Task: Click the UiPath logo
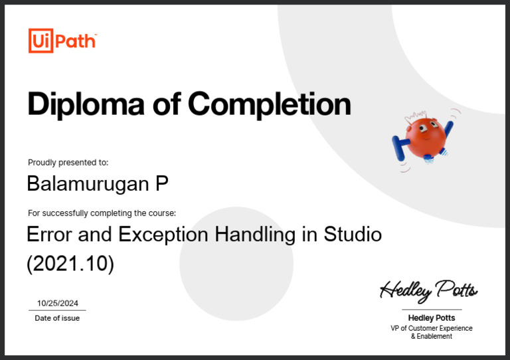click(x=62, y=41)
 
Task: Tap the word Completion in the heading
click(x=268, y=104)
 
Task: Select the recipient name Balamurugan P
click(x=98, y=183)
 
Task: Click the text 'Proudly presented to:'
click(x=68, y=163)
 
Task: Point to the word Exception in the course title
click(x=175, y=234)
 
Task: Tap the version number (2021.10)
click(x=70, y=264)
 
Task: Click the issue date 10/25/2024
click(x=58, y=303)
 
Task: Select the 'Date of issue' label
click(x=57, y=318)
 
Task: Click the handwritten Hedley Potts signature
click(x=428, y=290)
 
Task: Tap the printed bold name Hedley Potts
click(x=432, y=318)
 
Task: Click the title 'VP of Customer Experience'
click(x=432, y=328)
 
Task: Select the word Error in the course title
click(x=49, y=234)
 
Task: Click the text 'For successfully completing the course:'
click(x=102, y=213)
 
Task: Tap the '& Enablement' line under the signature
click(x=432, y=337)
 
